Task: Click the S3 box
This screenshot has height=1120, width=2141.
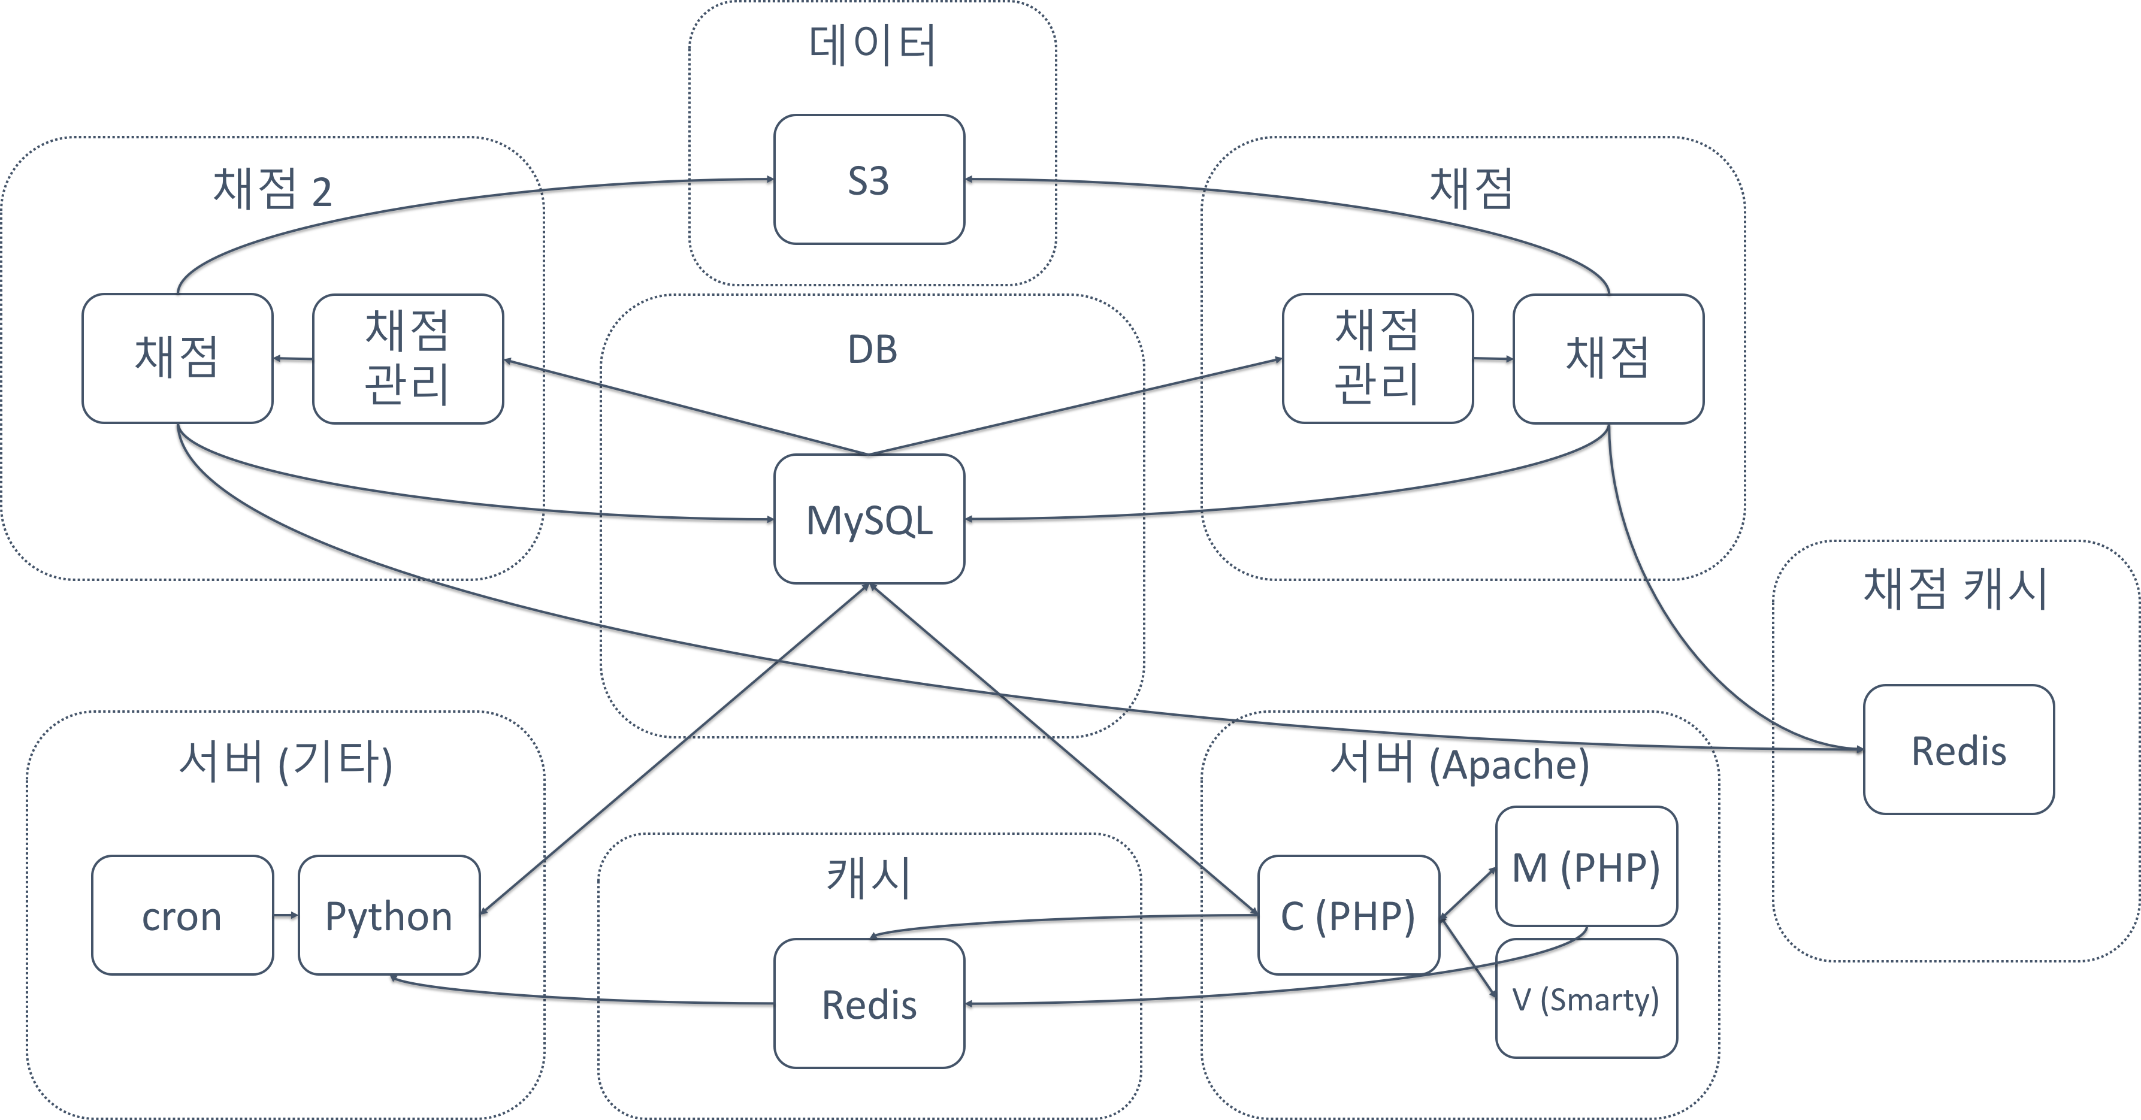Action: tap(869, 180)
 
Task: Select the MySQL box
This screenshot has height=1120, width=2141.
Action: tap(869, 519)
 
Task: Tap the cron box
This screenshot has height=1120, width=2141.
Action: tap(182, 915)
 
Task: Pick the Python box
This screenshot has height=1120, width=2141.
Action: tap(388, 915)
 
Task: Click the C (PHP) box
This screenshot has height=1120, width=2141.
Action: tap(1348, 915)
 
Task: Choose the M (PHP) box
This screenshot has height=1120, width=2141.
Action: tap(1586, 867)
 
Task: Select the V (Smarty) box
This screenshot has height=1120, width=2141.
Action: tap(1586, 998)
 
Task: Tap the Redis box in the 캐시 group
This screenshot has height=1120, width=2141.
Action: tap(869, 1004)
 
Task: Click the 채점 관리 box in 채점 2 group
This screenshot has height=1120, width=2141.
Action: tap(407, 359)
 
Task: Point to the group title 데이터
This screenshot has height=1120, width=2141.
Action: tap(872, 46)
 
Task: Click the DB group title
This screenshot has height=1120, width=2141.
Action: tap(872, 350)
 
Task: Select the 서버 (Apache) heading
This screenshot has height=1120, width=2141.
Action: tap(1459, 762)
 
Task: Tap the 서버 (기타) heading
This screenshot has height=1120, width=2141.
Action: tap(285, 762)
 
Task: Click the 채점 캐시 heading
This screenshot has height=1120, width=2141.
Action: tap(1955, 588)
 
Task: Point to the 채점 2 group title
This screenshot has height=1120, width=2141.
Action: tap(272, 189)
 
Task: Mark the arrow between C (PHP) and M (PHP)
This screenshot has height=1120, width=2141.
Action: tap(1468, 892)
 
